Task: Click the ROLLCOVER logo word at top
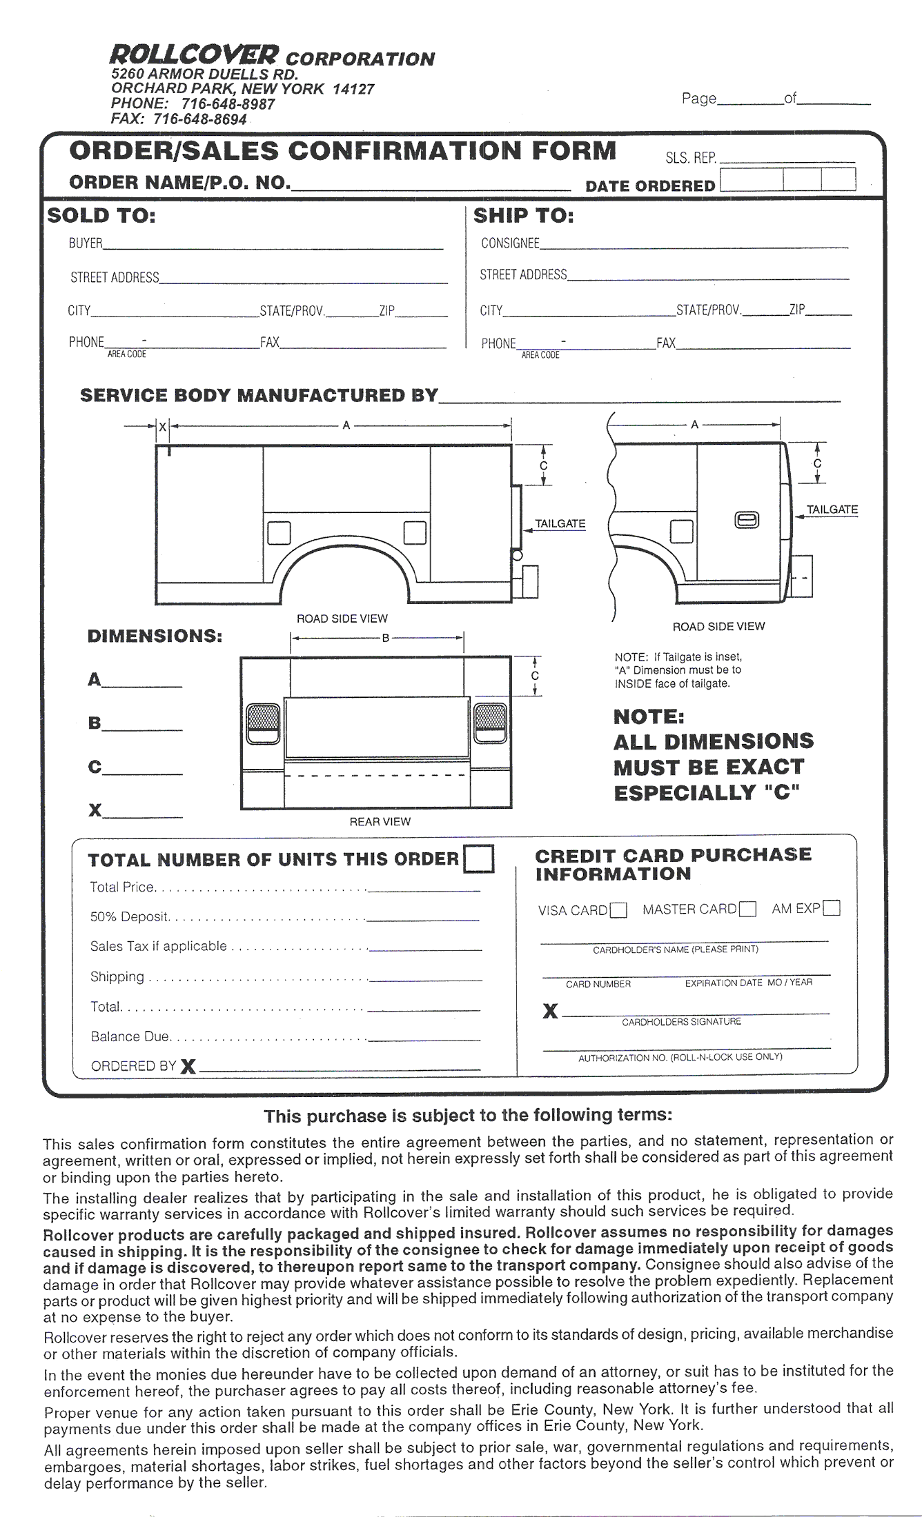[195, 54]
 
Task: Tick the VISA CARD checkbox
[619, 911]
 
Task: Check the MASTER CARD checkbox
[747, 910]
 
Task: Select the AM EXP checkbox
[832, 908]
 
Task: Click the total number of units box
[480, 859]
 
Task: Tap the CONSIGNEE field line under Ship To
[693, 243]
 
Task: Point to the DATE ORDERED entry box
[787, 180]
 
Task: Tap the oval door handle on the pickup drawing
[747, 520]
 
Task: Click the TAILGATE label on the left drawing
[560, 523]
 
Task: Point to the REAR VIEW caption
[380, 821]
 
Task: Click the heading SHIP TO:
[524, 216]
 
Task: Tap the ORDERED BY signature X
[188, 1067]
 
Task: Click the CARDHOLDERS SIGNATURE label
[681, 1021]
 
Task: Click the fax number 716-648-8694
[199, 119]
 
